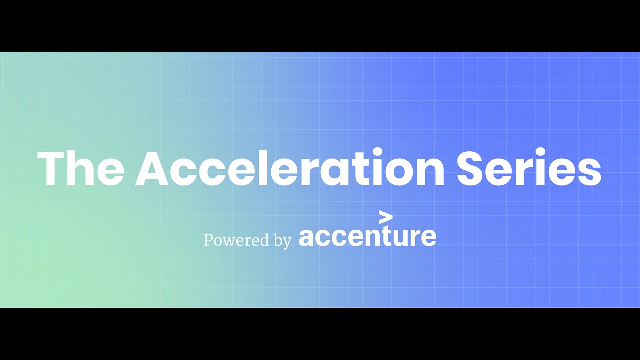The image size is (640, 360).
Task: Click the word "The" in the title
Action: click(x=80, y=169)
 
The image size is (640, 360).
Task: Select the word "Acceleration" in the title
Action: click(x=290, y=169)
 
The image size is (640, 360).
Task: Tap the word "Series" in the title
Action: click(x=529, y=169)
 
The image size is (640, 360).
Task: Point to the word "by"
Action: click(x=282, y=241)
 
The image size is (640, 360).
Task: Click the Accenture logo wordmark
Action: click(x=367, y=236)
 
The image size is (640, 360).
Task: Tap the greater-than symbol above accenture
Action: click(x=386, y=218)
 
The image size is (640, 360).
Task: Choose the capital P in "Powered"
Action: click(x=208, y=240)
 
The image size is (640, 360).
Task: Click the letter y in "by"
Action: click(x=287, y=243)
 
